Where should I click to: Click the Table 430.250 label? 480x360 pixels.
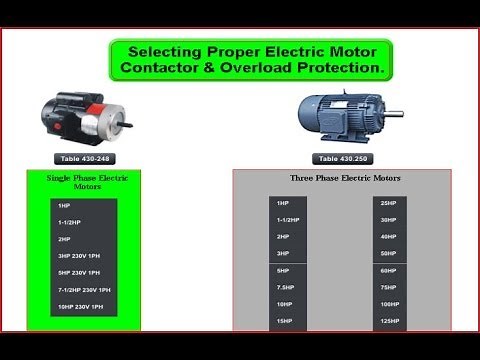pos(342,158)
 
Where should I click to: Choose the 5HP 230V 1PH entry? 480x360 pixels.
pos(79,273)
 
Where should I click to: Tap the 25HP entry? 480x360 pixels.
pos(388,203)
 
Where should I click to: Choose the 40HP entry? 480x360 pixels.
pos(388,237)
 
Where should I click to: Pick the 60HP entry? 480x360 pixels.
pos(388,271)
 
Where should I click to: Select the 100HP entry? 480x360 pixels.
pos(389,304)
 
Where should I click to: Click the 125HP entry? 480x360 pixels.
pos(389,321)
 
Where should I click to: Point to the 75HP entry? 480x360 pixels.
pos(388,287)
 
